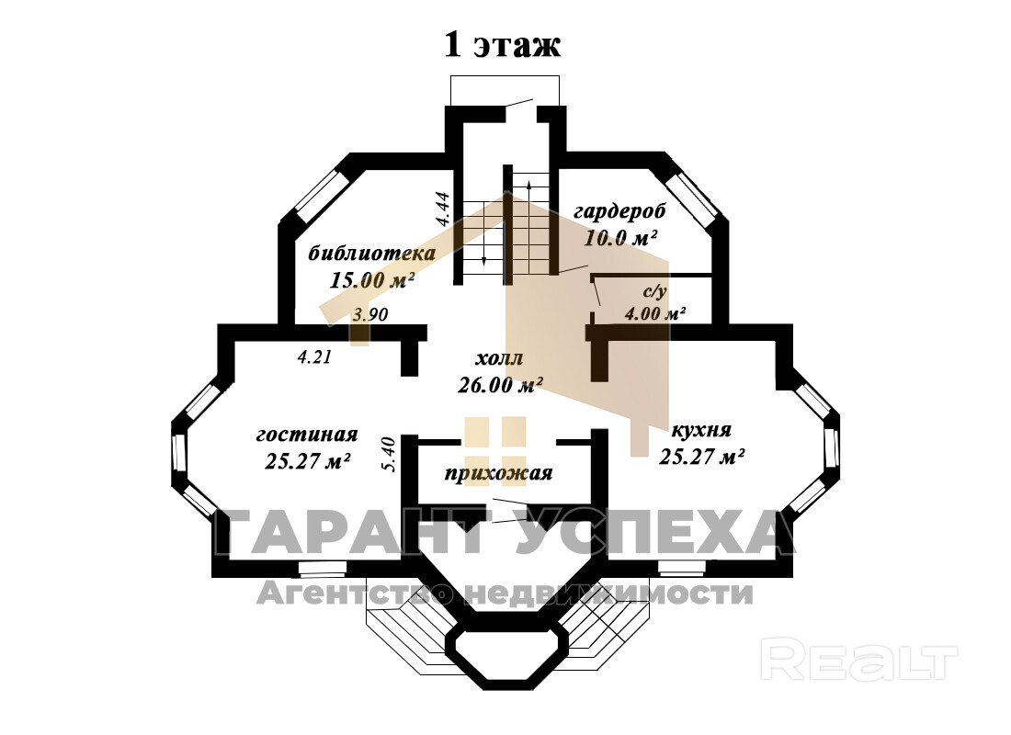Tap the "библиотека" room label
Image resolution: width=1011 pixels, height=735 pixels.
[x=359, y=253]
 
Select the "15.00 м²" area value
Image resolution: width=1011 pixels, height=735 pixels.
[x=372, y=280]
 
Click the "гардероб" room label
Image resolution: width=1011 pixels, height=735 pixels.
[x=619, y=211]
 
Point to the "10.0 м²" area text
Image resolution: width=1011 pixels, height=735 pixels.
[x=619, y=238]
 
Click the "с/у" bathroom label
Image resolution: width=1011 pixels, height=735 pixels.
[x=653, y=292]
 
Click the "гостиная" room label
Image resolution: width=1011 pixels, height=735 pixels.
[x=307, y=434]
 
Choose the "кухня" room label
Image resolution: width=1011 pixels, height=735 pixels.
[x=701, y=429]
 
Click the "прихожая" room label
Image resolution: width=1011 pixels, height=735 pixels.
[x=498, y=474]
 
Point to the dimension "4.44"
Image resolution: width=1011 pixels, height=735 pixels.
[x=442, y=209]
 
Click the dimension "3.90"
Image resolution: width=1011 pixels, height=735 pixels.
[x=370, y=314]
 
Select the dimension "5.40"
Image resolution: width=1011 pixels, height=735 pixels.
[x=388, y=455]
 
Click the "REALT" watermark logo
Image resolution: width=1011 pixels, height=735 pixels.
[x=859, y=661]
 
